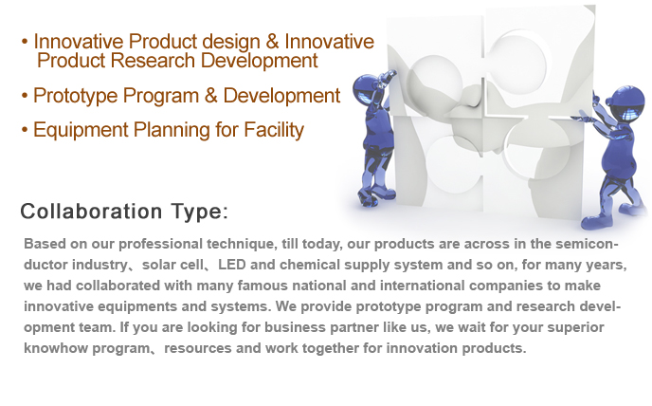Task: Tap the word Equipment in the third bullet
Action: [81, 131]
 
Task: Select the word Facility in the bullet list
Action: [274, 131]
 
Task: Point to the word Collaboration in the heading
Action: [91, 212]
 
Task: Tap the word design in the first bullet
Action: [231, 41]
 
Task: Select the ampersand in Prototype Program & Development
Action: [211, 96]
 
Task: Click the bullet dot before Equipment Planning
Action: [25, 130]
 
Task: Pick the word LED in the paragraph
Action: [231, 265]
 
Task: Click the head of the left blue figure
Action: [365, 88]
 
